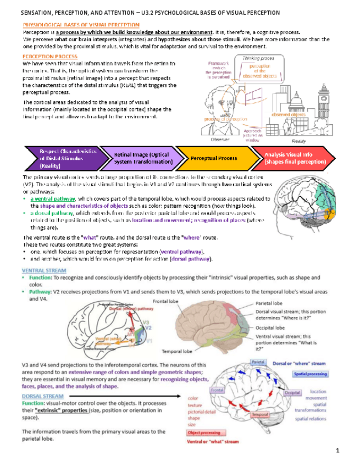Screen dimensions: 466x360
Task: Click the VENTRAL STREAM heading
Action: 44,270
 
